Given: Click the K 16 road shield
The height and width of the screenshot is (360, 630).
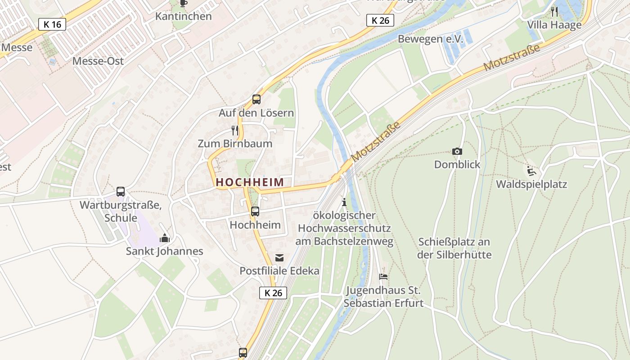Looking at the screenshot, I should pyautogui.click(x=52, y=24).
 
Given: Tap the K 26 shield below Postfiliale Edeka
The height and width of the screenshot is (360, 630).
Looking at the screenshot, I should pyautogui.click(x=273, y=293).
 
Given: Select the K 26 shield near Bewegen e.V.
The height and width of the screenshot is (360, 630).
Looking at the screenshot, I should pyautogui.click(x=380, y=20).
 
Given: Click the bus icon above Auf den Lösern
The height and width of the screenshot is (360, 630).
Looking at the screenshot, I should pyautogui.click(x=256, y=99).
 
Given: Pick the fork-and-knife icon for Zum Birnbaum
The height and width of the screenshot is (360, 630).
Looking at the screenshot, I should pyautogui.click(x=234, y=130).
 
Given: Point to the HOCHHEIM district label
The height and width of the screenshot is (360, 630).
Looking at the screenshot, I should pyautogui.click(x=250, y=182).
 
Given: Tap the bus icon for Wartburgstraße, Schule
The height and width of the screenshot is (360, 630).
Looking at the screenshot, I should pyautogui.click(x=121, y=192).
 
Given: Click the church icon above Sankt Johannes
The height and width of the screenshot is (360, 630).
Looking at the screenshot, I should pyautogui.click(x=165, y=238).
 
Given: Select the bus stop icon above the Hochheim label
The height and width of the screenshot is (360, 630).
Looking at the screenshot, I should pyautogui.click(x=255, y=211).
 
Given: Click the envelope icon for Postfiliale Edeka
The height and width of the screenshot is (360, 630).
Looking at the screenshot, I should pyautogui.click(x=279, y=258).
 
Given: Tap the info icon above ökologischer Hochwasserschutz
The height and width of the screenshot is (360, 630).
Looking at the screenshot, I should pyautogui.click(x=344, y=202).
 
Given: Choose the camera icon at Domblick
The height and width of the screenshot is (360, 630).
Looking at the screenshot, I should pyautogui.click(x=457, y=152).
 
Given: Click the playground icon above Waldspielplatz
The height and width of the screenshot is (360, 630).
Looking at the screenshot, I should pyautogui.click(x=531, y=171).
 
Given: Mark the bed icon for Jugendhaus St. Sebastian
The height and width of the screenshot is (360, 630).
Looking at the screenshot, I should pyautogui.click(x=383, y=277).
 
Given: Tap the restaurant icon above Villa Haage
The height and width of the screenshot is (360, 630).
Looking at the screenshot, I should pyautogui.click(x=554, y=12).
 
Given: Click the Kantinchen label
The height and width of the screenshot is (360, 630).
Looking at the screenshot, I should pyautogui.click(x=183, y=17).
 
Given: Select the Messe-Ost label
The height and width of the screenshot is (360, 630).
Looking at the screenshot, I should pyautogui.click(x=98, y=61).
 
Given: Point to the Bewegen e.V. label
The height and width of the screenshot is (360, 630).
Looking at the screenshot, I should pyautogui.click(x=430, y=39).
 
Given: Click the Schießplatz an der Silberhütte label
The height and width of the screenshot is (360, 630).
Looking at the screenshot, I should pyautogui.click(x=454, y=248).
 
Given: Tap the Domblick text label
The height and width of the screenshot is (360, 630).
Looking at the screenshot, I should pyautogui.click(x=457, y=165).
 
